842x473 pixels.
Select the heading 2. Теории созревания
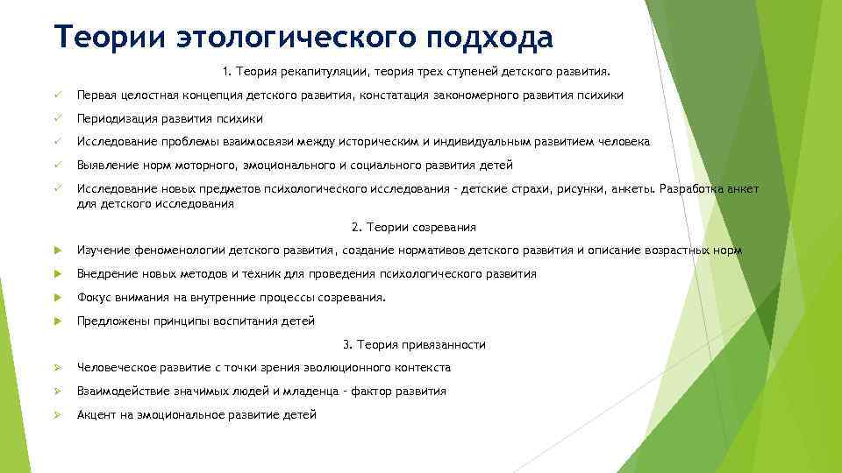414,228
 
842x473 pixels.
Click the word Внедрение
105,274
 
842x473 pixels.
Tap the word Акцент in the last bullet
96,415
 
